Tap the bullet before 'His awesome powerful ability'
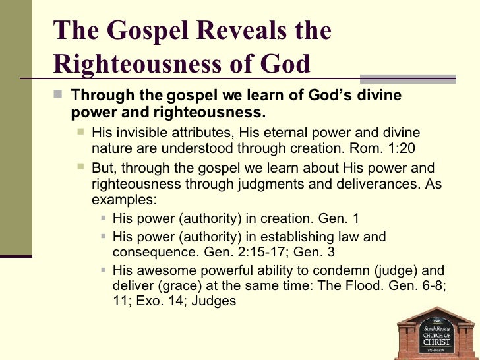[x=105, y=270]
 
